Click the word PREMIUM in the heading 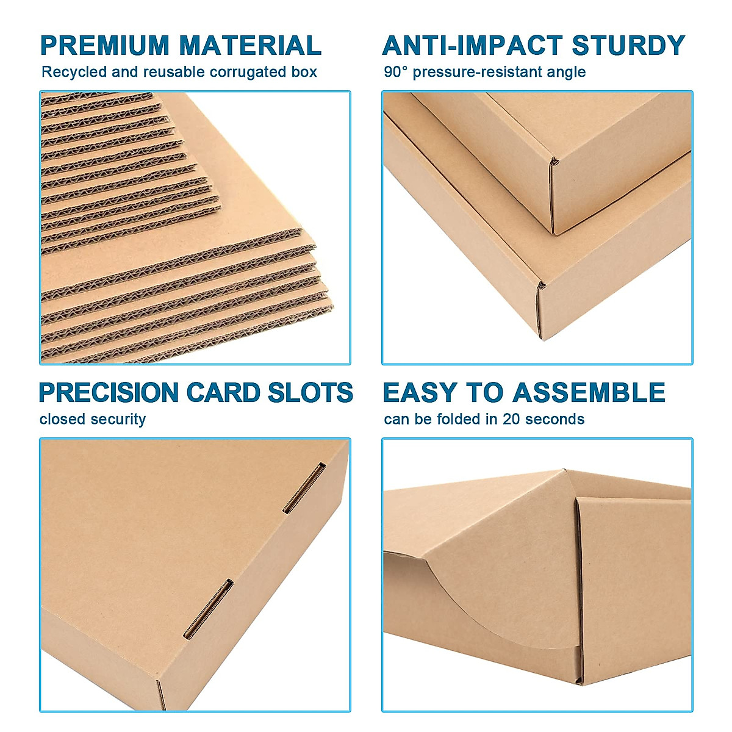pyautogui.click(x=104, y=46)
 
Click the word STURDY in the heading pyautogui.click(x=628, y=46)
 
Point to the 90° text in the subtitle pyautogui.click(x=396, y=72)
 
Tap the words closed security pyautogui.click(x=93, y=420)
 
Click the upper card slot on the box pyautogui.click(x=304, y=487)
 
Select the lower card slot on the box pyautogui.click(x=209, y=609)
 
